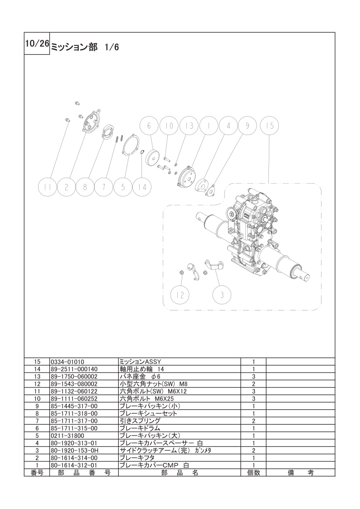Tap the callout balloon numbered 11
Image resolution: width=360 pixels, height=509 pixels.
pyautogui.click(x=48, y=187)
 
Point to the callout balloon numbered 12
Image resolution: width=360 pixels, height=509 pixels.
pyautogui.click(x=180, y=295)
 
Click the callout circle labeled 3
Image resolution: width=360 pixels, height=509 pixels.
pyautogui.click(x=222, y=295)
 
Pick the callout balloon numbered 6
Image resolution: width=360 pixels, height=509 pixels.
pyautogui.click(x=149, y=126)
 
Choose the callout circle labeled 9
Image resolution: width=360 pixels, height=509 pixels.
pyautogui.click(x=248, y=126)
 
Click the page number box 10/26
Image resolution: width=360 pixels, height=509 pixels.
pyautogui.click(x=37, y=44)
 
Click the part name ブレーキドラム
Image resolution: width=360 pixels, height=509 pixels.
pyautogui.click(x=140, y=428)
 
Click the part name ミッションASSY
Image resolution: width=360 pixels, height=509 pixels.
pyautogui.click(x=140, y=362)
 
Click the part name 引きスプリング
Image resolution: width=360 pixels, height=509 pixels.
pyautogui.click(x=140, y=421)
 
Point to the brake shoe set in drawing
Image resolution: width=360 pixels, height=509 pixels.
pyautogui.click(x=108, y=133)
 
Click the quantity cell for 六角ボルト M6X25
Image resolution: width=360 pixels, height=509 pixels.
pyautogui.click(x=253, y=398)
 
